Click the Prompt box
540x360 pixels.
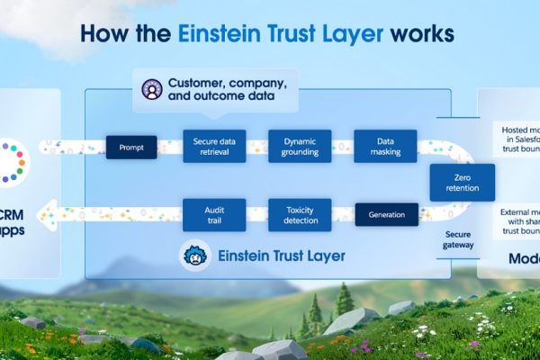(131, 147)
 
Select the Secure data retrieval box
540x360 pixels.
(214, 147)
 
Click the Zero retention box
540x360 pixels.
(462, 183)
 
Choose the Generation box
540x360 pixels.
(387, 215)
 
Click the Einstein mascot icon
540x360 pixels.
(195, 256)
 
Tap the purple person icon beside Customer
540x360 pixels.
(152, 90)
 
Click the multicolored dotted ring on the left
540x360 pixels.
(14, 160)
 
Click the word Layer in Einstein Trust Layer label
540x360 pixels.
(321, 256)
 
